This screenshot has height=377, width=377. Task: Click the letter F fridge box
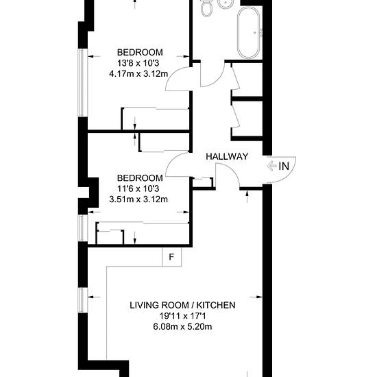coord(171,257)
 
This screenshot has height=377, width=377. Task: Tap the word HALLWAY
coord(227,156)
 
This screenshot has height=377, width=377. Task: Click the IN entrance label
coord(284,166)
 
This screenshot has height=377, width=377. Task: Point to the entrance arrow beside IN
coord(271,166)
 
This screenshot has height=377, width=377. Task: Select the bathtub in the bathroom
coord(248,32)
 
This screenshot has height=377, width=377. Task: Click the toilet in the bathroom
coord(206,8)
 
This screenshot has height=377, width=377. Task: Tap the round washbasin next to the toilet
coord(226,3)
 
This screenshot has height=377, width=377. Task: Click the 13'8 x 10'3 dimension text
coord(138,63)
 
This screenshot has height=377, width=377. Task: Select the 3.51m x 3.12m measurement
coord(138,199)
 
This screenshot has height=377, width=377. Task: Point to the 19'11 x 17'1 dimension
coord(182,316)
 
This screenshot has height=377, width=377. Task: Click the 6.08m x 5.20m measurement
coord(182,326)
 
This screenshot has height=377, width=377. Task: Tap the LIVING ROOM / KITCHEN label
coord(182,305)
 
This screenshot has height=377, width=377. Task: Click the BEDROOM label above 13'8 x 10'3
coord(140,52)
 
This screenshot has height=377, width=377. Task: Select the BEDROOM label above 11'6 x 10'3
coord(140,178)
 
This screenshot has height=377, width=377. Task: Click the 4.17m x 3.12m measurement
coord(138,73)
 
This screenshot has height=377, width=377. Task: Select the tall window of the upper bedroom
coord(82,83)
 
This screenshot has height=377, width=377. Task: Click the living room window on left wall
coord(83,300)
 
